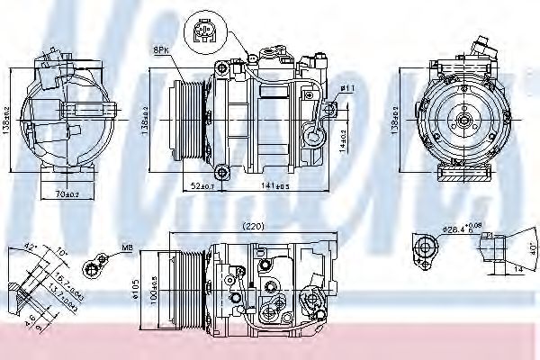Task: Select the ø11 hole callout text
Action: (x=347, y=87)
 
